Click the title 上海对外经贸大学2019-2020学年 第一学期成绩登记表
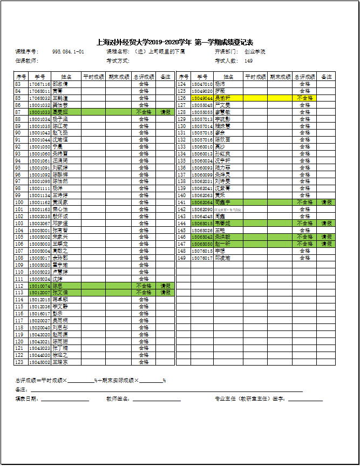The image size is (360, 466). point(175,42)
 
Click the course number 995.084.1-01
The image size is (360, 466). point(68,52)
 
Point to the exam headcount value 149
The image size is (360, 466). point(249,61)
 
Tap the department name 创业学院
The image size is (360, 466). point(255,52)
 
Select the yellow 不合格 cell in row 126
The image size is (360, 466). point(305,98)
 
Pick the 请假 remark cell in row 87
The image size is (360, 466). point(166,112)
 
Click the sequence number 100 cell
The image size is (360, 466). point(19,202)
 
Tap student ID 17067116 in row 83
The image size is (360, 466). point(39,84)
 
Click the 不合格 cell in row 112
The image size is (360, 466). point(144,286)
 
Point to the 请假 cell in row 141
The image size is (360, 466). point(327,202)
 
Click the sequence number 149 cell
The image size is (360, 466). point(182,258)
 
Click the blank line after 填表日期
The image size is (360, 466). point(65,400)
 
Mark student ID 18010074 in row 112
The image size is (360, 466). point(39,286)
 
